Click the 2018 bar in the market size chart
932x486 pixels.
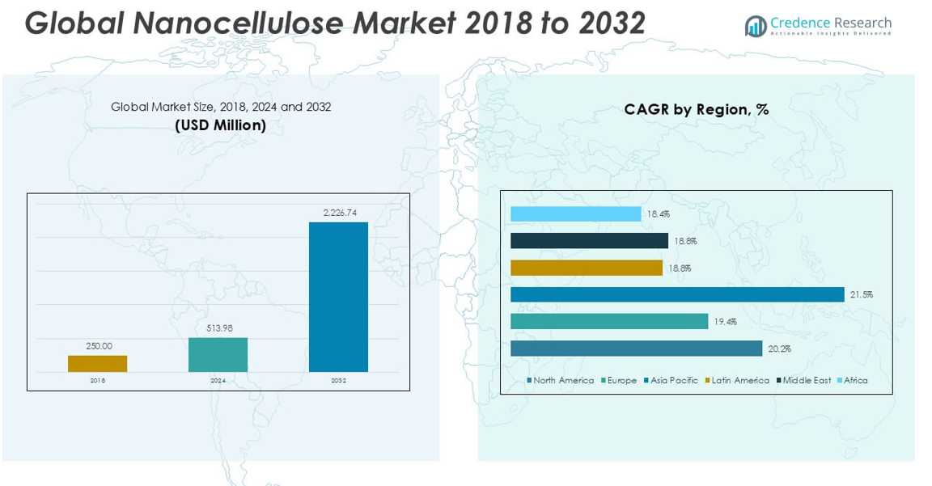[97, 363]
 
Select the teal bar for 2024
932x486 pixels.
[218, 354]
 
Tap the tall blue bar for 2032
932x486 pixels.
[338, 297]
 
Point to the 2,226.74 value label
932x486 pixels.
[340, 213]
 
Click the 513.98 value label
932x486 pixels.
[218, 328]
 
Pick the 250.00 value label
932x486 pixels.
[99, 346]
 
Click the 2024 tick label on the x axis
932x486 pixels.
[218, 380]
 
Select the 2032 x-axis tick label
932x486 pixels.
[338, 380]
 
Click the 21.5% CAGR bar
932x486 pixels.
[676, 294]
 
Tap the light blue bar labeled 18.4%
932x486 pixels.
[575, 214]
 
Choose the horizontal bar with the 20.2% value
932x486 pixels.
[636, 349]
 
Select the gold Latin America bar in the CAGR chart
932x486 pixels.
[586, 268]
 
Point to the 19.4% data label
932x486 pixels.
[724, 322]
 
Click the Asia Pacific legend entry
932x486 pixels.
[671, 380]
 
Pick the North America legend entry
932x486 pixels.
[561, 380]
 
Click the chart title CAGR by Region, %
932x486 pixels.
[696, 109]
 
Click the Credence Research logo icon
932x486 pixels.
[756, 27]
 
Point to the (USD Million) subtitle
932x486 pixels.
[221, 125]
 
